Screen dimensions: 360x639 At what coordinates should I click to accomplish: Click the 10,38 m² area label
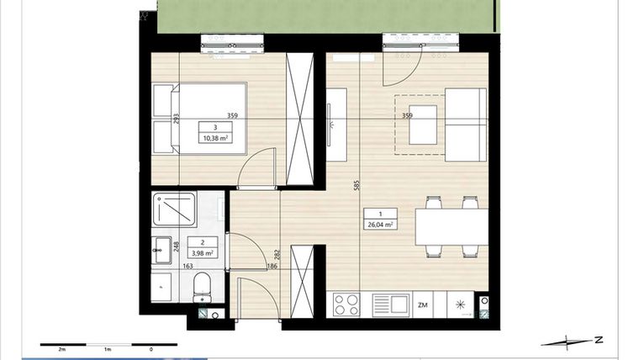(x=215, y=139)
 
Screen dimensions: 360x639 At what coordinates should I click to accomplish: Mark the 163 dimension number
(x=188, y=267)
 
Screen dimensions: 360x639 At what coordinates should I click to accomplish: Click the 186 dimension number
(x=272, y=267)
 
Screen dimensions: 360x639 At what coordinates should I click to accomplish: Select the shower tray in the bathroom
(x=175, y=209)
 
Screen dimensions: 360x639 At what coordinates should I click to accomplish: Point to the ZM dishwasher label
(x=423, y=304)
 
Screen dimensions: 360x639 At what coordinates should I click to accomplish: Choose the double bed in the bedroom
(x=202, y=118)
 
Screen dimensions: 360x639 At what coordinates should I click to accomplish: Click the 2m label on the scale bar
(x=61, y=348)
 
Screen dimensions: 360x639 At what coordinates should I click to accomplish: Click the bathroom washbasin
(x=161, y=248)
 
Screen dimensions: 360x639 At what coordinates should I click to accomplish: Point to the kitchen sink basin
(x=390, y=304)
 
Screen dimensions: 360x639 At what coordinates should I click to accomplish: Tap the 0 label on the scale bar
(x=151, y=348)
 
